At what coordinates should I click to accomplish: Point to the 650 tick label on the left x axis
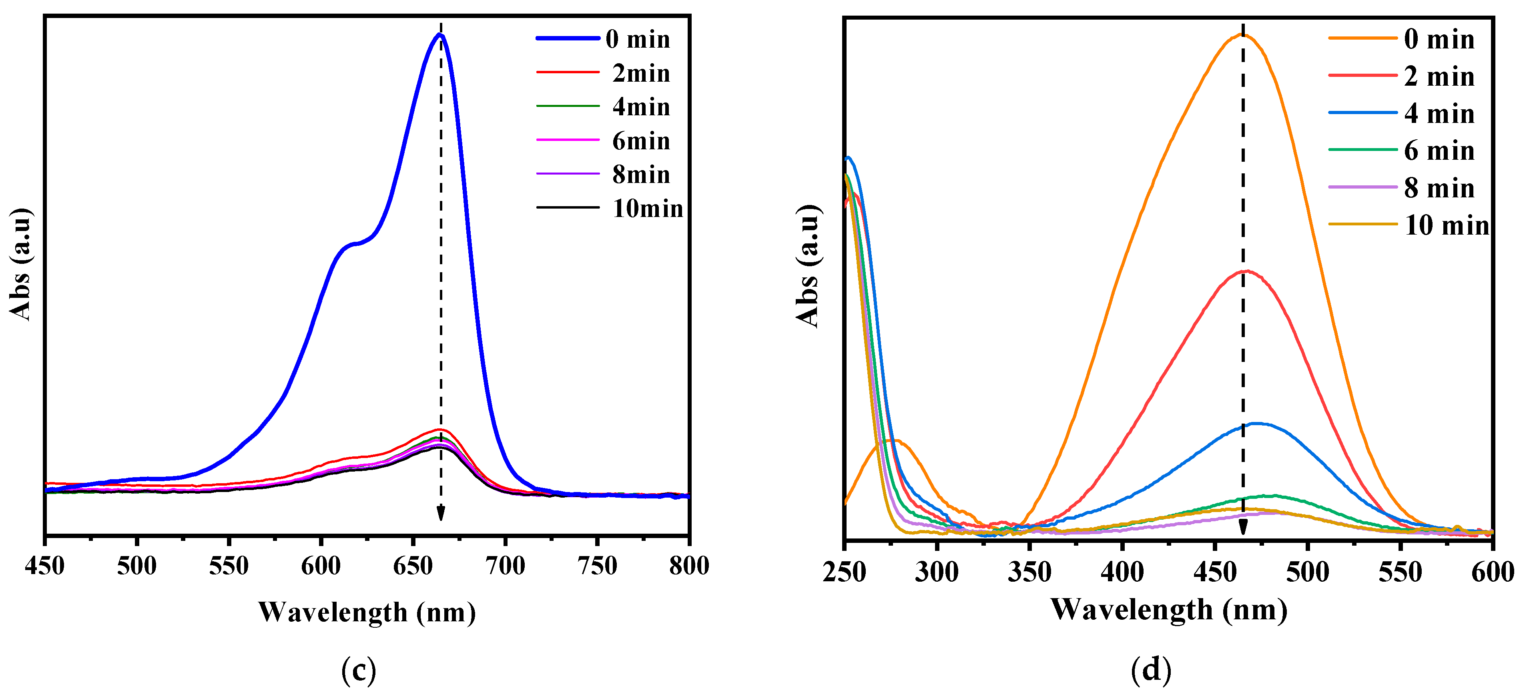pyautogui.click(x=413, y=566)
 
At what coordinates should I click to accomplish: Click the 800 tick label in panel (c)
pyautogui.click(x=688, y=566)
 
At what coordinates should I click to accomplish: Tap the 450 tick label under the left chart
pyautogui.click(x=45, y=566)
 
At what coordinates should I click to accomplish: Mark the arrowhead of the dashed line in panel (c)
pyautogui.click(x=440, y=515)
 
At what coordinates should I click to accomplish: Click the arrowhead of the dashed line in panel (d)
pyautogui.click(x=1243, y=527)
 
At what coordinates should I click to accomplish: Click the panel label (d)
pyautogui.click(x=1151, y=670)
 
